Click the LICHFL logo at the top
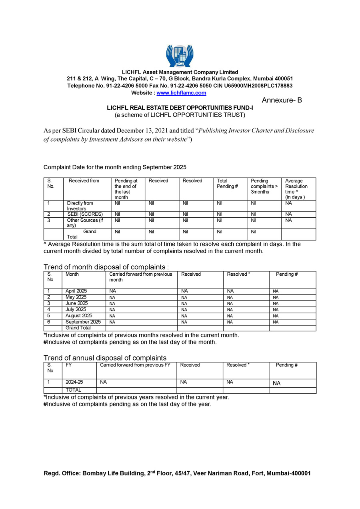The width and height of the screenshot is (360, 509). [x=180, y=56]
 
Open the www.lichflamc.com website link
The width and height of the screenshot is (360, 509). [x=181, y=93]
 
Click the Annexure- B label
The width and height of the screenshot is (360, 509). [x=282, y=100]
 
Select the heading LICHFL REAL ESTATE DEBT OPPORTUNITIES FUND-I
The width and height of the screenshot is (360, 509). [x=180, y=108]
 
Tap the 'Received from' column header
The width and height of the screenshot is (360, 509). [x=84, y=181]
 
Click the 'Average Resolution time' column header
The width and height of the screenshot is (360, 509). [x=296, y=189]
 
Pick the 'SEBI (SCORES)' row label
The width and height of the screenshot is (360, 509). [x=85, y=214]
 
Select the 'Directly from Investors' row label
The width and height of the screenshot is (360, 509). [x=80, y=206]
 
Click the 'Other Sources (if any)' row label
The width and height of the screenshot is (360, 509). [x=84, y=223]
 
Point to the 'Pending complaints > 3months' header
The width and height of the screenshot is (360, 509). [x=264, y=186]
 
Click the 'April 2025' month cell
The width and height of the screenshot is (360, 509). [x=76, y=291]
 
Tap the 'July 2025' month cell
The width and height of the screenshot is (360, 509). [x=76, y=309]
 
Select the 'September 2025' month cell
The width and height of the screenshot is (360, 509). [x=83, y=322]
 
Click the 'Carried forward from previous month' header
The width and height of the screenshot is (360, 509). [x=141, y=277]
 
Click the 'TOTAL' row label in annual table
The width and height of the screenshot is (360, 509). [x=74, y=390]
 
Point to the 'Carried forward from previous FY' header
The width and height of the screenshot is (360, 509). [x=135, y=365]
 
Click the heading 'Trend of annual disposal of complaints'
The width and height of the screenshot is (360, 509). [x=105, y=358]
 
